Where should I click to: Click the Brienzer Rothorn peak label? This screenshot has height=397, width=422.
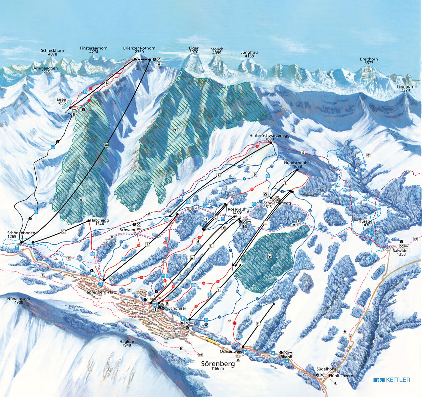pyautogui.click(x=139, y=50)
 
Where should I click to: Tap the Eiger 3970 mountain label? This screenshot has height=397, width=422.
pyautogui.click(x=194, y=50)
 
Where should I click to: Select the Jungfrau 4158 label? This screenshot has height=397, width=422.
pyautogui.click(x=249, y=54)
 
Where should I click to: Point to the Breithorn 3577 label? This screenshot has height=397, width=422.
pyautogui.click(x=369, y=61)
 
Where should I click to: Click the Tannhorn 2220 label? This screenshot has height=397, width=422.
pyautogui.click(x=405, y=88)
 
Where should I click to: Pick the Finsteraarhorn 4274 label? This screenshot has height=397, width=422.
pyautogui.click(x=94, y=50)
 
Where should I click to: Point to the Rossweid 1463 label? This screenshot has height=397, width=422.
pyautogui.click(x=236, y=211)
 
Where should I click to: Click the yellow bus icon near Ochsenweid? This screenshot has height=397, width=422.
pyautogui.click(x=210, y=340)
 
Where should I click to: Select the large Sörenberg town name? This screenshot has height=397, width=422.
pyautogui.click(x=218, y=364)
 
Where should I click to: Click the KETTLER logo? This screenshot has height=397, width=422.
pyautogui.click(x=392, y=380)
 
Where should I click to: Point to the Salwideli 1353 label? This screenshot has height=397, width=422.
pyautogui.click(x=399, y=252)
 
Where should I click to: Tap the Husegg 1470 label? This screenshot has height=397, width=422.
pyautogui.click(x=367, y=223)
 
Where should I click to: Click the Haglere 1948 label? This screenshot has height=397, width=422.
pyautogui.click(x=126, y=343)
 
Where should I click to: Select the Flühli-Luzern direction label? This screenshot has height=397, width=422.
pyautogui.click(x=341, y=376)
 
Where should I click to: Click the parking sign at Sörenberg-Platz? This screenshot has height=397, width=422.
pyautogui.click(x=101, y=284)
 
